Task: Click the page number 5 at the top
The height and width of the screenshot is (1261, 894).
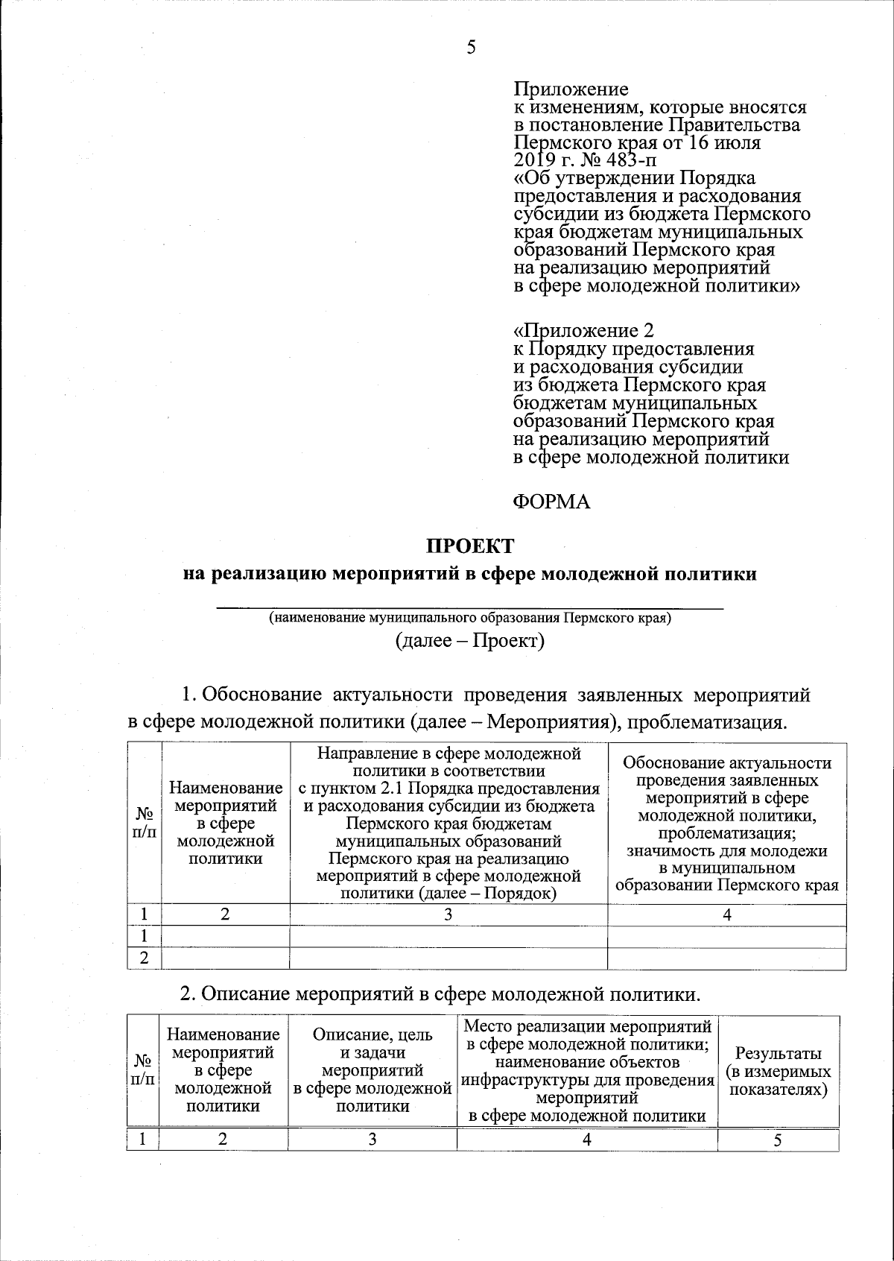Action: coord(470,48)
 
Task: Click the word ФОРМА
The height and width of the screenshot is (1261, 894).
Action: coord(552,502)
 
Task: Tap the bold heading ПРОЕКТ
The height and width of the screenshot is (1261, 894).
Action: coord(469,546)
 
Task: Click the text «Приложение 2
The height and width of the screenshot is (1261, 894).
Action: coord(584,330)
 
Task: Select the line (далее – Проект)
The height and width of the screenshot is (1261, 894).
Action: coord(470,641)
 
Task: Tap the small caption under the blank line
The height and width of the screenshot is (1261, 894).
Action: coord(470,619)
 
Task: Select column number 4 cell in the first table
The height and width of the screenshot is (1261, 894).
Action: coord(727,914)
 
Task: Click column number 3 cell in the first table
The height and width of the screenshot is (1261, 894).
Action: coord(448,914)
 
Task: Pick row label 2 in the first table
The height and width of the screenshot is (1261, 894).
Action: coord(145,958)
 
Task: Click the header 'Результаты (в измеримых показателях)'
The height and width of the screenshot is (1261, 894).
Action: coord(778,1071)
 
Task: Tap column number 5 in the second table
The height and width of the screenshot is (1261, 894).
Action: coord(778,1140)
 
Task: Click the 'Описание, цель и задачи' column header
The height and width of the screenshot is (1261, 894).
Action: coord(372,1071)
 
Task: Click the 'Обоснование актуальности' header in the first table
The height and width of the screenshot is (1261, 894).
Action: coord(727,824)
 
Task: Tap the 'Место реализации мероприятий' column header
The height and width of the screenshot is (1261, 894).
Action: coord(587,1071)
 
